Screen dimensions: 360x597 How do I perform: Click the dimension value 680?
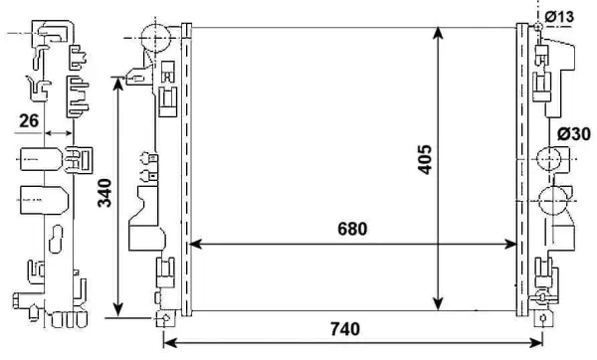(x=352, y=229)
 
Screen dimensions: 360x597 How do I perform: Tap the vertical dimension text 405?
(x=424, y=159)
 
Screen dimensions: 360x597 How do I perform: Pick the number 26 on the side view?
(x=29, y=120)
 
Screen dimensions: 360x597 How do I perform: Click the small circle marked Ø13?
(x=538, y=26)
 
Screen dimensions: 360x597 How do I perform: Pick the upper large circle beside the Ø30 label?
(x=548, y=159)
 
